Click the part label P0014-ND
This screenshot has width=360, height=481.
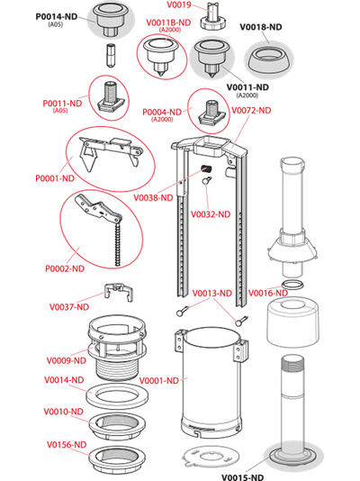(57, 16)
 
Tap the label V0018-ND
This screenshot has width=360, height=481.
(261, 27)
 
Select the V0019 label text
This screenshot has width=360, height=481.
(179, 5)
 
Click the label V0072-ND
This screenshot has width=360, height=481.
(251, 110)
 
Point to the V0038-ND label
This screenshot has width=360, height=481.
(154, 197)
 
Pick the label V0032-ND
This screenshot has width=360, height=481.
(211, 214)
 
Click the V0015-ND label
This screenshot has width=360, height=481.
(243, 477)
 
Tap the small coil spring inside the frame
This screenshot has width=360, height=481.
(206, 168)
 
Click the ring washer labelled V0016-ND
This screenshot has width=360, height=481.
(292, 284)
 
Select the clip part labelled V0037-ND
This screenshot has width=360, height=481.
(119, 291)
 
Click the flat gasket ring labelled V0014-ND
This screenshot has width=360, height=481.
(117, 395)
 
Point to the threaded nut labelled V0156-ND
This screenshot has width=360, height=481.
(117, 460)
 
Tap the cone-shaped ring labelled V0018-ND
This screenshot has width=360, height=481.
(269, 60)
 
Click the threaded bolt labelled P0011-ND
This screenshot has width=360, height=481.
(111, 96)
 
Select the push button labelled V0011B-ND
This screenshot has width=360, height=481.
(160, 57)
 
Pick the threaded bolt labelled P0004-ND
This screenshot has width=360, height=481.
(212, 113)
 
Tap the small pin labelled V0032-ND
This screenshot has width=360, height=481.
(207, 181)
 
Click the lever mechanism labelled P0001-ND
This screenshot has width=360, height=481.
(111, 152)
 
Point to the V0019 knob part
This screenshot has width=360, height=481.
(213, 17)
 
